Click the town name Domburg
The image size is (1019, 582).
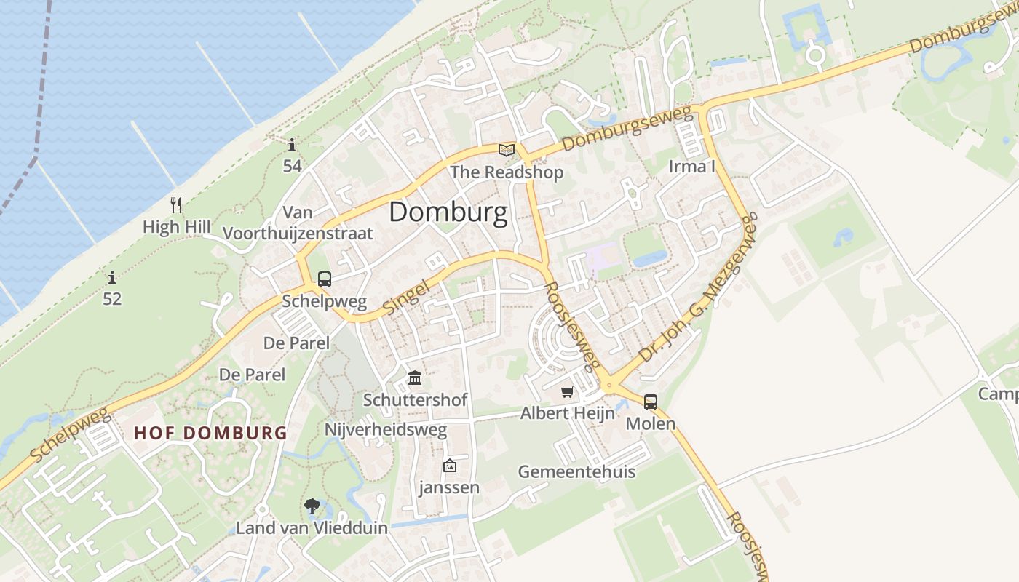click(448, 212)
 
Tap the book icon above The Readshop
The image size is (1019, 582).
click(506, 151)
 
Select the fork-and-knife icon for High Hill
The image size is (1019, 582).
click(175, 204)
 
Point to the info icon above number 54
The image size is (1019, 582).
click(292, 145)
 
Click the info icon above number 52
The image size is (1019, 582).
click(112, 277)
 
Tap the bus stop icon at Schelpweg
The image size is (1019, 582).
click(325, 279)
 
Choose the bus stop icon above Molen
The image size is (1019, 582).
click(650, 402)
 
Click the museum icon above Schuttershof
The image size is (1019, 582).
click(415, 378)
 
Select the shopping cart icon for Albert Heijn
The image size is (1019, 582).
click(568, 391)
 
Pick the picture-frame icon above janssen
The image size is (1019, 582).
click(449, 466)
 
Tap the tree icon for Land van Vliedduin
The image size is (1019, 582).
click(312, 506)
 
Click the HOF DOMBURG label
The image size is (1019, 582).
click(210, 434)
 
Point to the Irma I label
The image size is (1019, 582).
click(691, 167)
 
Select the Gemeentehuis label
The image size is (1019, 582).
click(576, 471)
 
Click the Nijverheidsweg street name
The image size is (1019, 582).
click(385, 430)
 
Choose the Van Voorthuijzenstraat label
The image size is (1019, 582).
click(298, 223)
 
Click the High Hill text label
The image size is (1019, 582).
click(176, 227)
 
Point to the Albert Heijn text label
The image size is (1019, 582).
click(567, 413)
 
